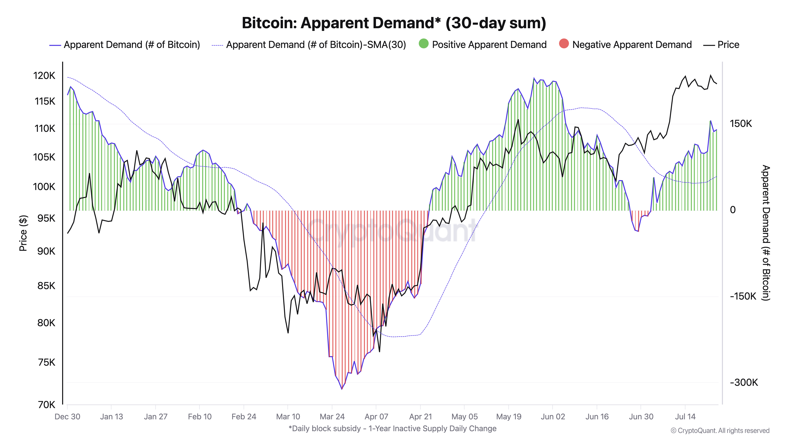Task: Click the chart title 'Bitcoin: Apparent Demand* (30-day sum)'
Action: pos(394,23)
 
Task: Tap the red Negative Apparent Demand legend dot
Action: pos(564,44)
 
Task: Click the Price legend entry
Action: pos(728,45)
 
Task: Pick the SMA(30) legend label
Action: pos(316,45)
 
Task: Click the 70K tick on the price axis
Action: pos(47,405)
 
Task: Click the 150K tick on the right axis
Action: pos(741,124)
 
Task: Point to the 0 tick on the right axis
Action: pos(733,210)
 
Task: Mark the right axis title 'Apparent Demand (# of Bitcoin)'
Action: pos(766,233)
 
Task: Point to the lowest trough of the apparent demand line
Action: pos(342,389)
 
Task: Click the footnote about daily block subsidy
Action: pos(392,428)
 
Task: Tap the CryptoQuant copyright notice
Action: pos(720,431)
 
